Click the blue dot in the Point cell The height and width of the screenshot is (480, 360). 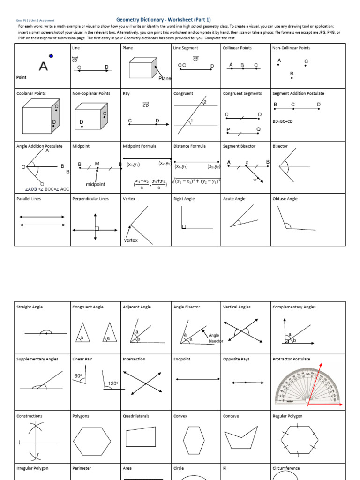coord(51,56)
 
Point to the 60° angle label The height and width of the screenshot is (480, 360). coord(78,376)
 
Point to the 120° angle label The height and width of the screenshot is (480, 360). coord(113,383)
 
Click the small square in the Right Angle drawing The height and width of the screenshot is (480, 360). coord(184,227)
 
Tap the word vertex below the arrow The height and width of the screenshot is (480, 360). coord(131,240)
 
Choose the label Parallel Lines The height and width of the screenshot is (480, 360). coord(30,199)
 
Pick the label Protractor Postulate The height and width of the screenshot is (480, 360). coord(291,359)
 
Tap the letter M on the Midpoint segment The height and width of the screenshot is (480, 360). coord(97,164)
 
